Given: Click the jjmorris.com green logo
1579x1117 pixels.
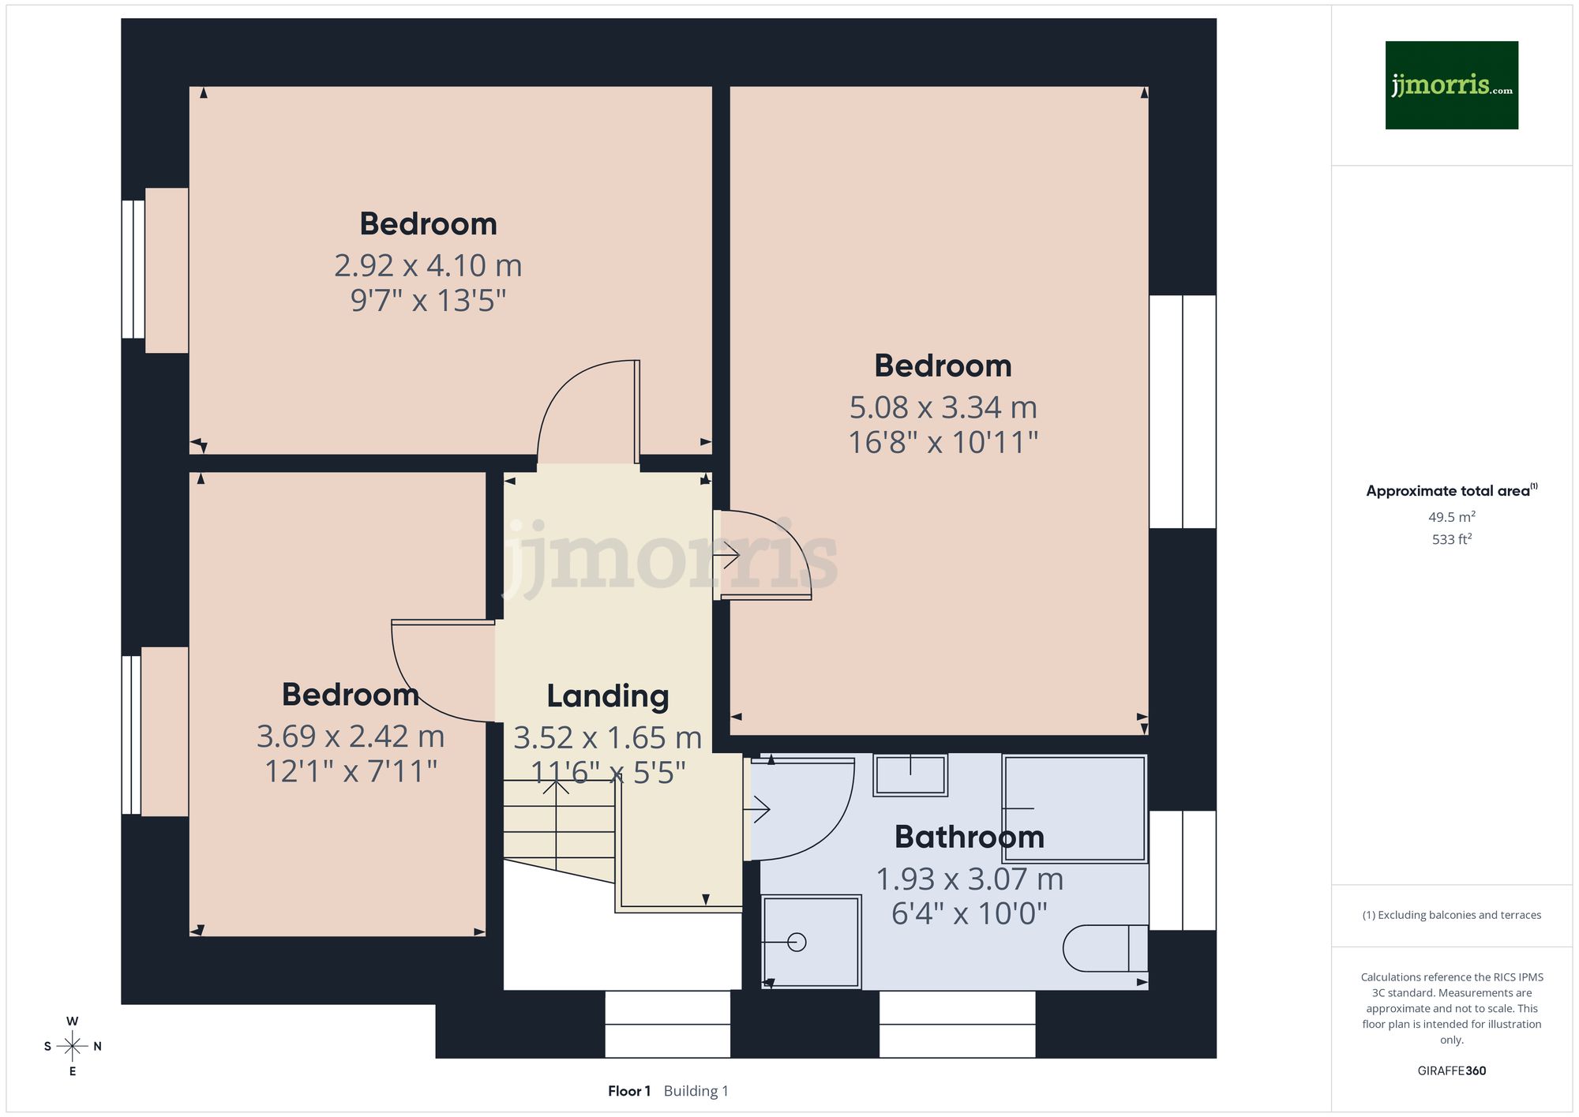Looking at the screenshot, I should [x=1451, y=85].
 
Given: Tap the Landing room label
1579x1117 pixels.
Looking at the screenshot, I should [x=607, y=696].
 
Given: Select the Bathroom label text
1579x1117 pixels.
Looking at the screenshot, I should [x=969, y=837].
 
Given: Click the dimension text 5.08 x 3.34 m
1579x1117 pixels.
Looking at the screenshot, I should [x=943, y=407].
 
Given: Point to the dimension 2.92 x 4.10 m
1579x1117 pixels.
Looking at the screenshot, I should [x=428, y=265].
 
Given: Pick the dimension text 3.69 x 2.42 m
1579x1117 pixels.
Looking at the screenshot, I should [x=351, y=737].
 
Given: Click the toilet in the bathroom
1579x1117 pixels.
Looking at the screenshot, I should [x=1104, y=947].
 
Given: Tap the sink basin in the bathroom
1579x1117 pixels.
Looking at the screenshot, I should [x=910, y=774].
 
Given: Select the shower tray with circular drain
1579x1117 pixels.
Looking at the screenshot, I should [x=811, y=942].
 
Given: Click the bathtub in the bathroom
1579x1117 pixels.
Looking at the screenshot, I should [x=1075, y=808].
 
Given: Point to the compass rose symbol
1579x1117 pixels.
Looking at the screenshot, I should [x=72, y=1047].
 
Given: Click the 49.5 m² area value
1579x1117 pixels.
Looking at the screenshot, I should [x=1451, y=517].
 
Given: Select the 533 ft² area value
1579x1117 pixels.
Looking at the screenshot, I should [x=1451, y=539].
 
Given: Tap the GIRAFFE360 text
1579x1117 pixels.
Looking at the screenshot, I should [x=1451, y=1070].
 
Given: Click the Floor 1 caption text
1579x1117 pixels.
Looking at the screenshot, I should [x=629, y=1091].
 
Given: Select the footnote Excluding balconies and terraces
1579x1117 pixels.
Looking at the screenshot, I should [x=1451, y=915].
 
